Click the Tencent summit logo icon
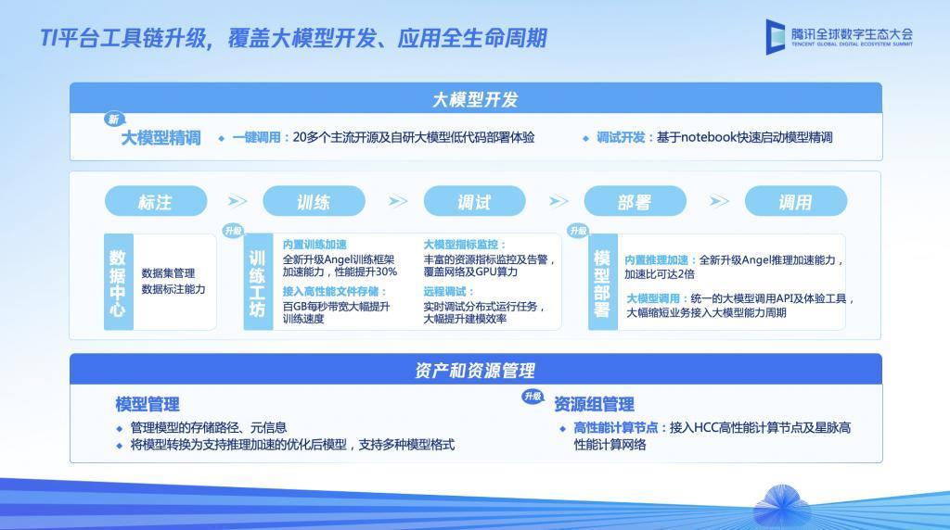[x=776, y=36]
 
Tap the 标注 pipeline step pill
[x=156, y=201]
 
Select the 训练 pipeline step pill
[x=314, y=201]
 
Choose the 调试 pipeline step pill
[x=474, y=201]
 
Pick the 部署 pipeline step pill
[x=635, y=201]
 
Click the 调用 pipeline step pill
[x=795, y=201]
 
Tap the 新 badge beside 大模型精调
[x=113, y=120]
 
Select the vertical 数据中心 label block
[x=118, y=282]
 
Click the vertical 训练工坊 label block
[x=258, y=282]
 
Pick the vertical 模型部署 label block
[x=602, y=282]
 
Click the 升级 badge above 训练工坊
[x=232, y=231]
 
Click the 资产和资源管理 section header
[x=475, y=370]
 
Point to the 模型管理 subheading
[x=148, y=404]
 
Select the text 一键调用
[x=256, y=137]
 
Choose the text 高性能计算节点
[x=616, y=427]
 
